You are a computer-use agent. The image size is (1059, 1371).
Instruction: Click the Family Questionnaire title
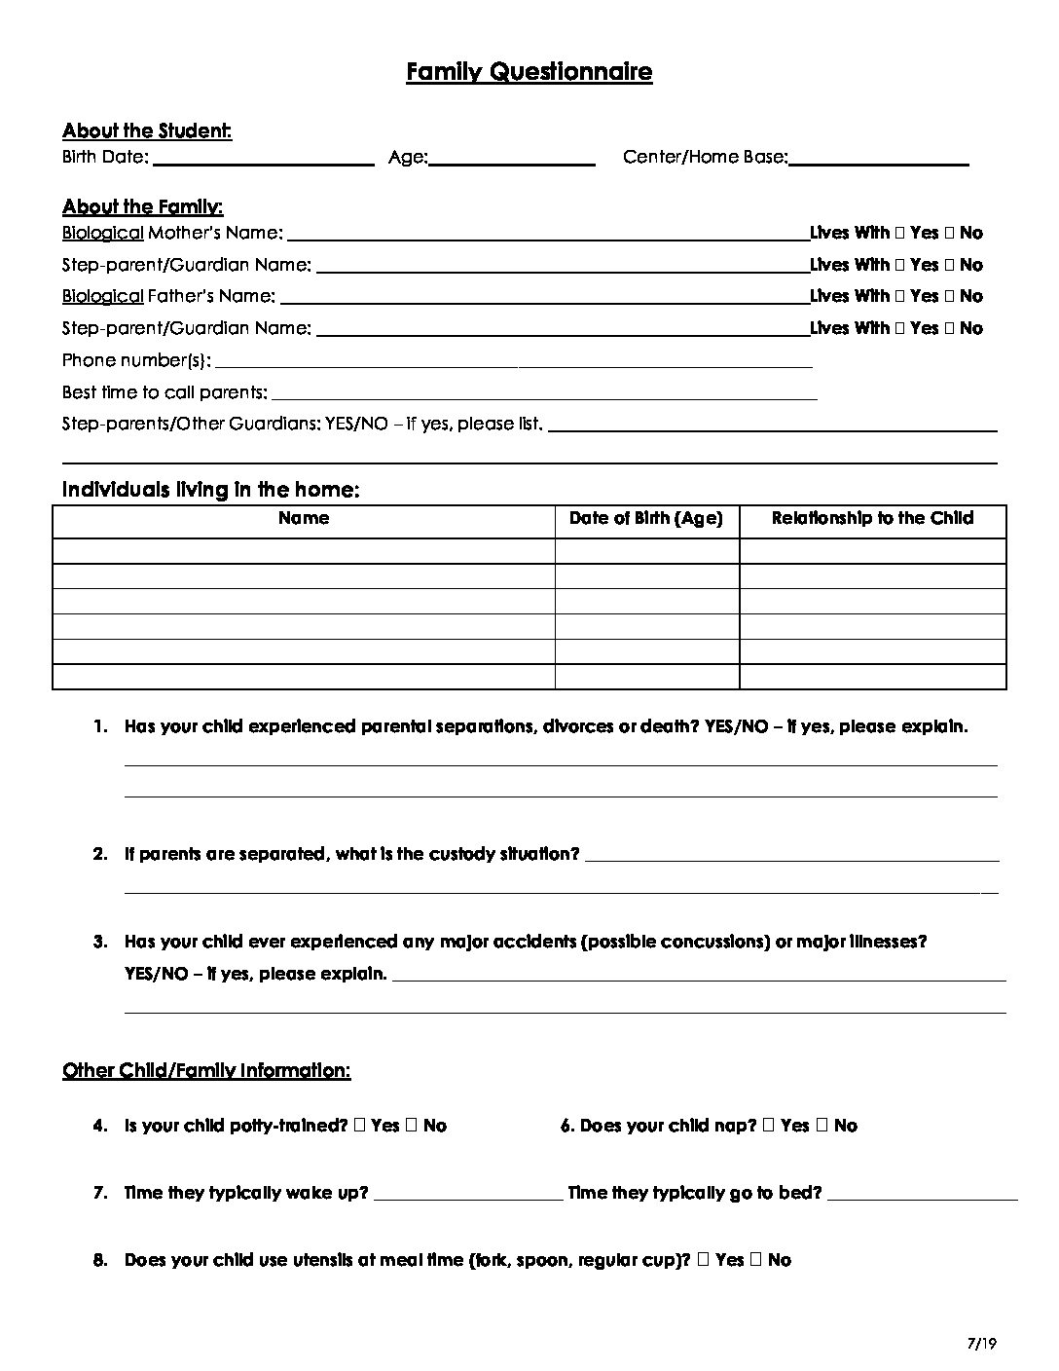(x=529, y=71)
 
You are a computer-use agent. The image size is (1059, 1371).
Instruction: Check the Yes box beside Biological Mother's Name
(x=900, y=233)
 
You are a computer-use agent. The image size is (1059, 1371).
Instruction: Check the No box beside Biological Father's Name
(x=949, y=296)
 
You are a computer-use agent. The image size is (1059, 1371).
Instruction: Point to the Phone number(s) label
(x=136, y=360)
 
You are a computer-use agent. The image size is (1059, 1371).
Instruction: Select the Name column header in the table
(x=304, y=518)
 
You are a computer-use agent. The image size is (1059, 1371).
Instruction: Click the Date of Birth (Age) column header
(x=646, y=518)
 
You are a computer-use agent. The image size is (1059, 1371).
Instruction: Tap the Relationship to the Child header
(x=872, y=518)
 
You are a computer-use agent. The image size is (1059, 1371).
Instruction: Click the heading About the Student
(x=147, y=130)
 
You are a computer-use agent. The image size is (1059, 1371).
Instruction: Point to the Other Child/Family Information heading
(x=206, y=1071)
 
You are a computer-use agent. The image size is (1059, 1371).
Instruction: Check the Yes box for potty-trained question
(x=361, y=1126)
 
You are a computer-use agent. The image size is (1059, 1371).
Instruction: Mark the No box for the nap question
(x=823, y=1126)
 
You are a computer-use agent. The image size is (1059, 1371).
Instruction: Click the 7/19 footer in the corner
(x=984, y=1345)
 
